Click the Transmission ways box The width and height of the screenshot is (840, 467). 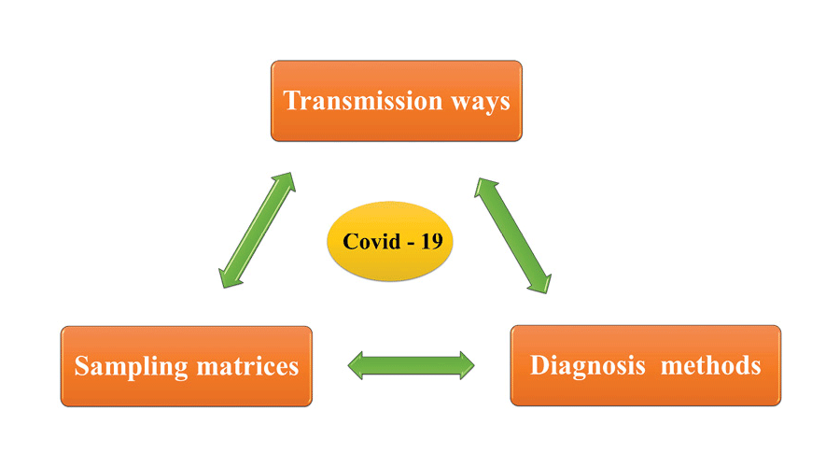click(397, 101)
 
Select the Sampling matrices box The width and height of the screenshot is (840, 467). click(187, 366)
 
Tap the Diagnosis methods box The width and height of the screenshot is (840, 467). click(645, 365)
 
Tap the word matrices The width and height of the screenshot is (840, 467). click(247, 366)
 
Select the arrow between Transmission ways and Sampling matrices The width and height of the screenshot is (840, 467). click(256, 228)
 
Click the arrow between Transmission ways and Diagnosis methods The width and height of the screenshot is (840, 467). click(514, 233)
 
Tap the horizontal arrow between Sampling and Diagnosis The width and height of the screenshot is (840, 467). click(412, 365)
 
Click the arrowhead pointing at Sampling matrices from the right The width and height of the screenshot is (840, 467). click(359, 365)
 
